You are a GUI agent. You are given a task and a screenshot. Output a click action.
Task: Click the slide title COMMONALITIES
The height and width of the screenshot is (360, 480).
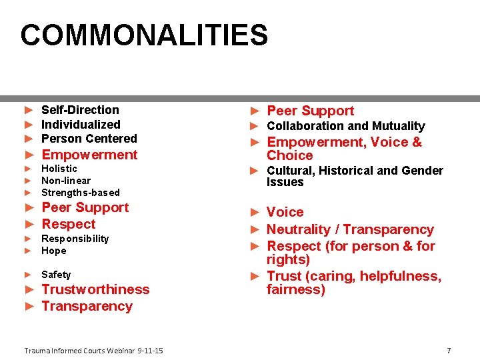[x=144, y=35]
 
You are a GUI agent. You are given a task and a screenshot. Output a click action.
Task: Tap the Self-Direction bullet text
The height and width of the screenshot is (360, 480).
[x=80, y=110]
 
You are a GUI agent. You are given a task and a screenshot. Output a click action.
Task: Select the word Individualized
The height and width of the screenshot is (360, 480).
[x=81, y=125]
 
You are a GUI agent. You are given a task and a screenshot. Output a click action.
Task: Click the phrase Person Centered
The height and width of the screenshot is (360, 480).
[x=89, y=139]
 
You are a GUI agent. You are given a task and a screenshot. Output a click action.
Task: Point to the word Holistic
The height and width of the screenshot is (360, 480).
[x=59, y=169]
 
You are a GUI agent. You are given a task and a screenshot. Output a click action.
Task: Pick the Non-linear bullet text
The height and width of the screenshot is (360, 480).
[x=66, y=181]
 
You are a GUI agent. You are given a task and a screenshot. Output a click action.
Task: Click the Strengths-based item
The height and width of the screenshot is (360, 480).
[x=81, y=193]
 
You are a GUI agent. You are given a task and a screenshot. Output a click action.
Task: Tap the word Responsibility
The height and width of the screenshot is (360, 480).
[x=75, y=239]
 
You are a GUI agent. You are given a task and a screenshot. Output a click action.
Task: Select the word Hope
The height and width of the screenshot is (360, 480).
[x=54, y=251]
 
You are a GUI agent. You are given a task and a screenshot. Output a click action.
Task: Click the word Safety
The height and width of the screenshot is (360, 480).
[x=56, y=275]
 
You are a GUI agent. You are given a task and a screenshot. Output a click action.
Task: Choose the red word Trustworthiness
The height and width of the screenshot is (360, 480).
[x=95, y=289]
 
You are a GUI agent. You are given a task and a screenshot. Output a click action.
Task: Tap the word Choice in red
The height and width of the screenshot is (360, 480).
[x=289, y=156]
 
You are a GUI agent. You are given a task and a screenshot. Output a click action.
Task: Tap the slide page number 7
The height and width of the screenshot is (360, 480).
[x=449, y=351]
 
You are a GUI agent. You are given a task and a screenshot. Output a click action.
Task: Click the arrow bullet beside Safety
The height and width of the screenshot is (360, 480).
[x=28, y=275]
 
